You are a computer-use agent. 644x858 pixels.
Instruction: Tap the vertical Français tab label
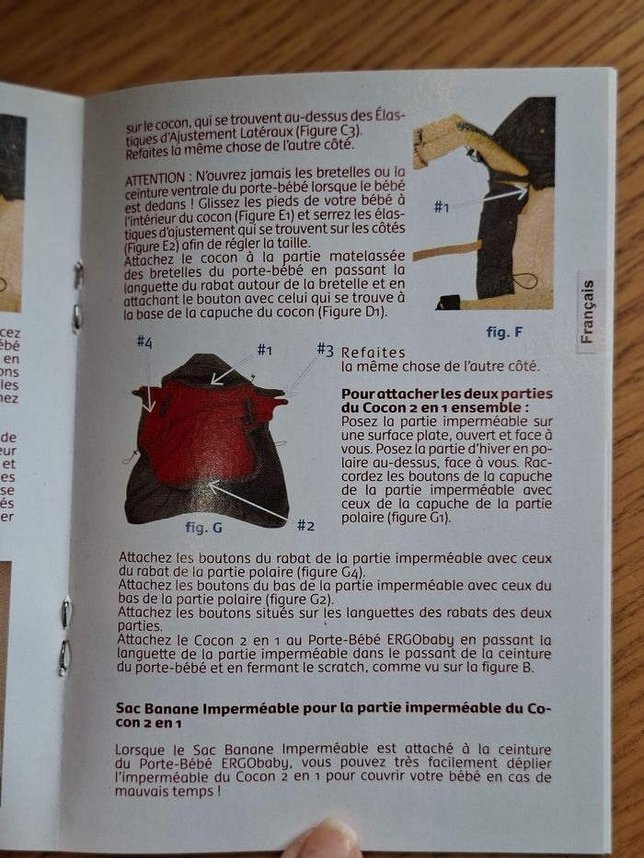(590, 311)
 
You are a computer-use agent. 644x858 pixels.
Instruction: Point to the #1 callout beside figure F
(442, 207)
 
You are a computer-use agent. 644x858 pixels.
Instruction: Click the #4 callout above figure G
(144, 342)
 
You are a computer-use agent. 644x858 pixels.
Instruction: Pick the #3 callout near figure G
(325, 349)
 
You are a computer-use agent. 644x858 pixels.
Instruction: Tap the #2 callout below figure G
(305, 525)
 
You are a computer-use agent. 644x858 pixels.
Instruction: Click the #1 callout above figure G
(265, 349)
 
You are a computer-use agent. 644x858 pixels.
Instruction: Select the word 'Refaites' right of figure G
(368, 352)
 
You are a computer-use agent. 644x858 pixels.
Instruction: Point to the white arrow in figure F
(488, 196)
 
